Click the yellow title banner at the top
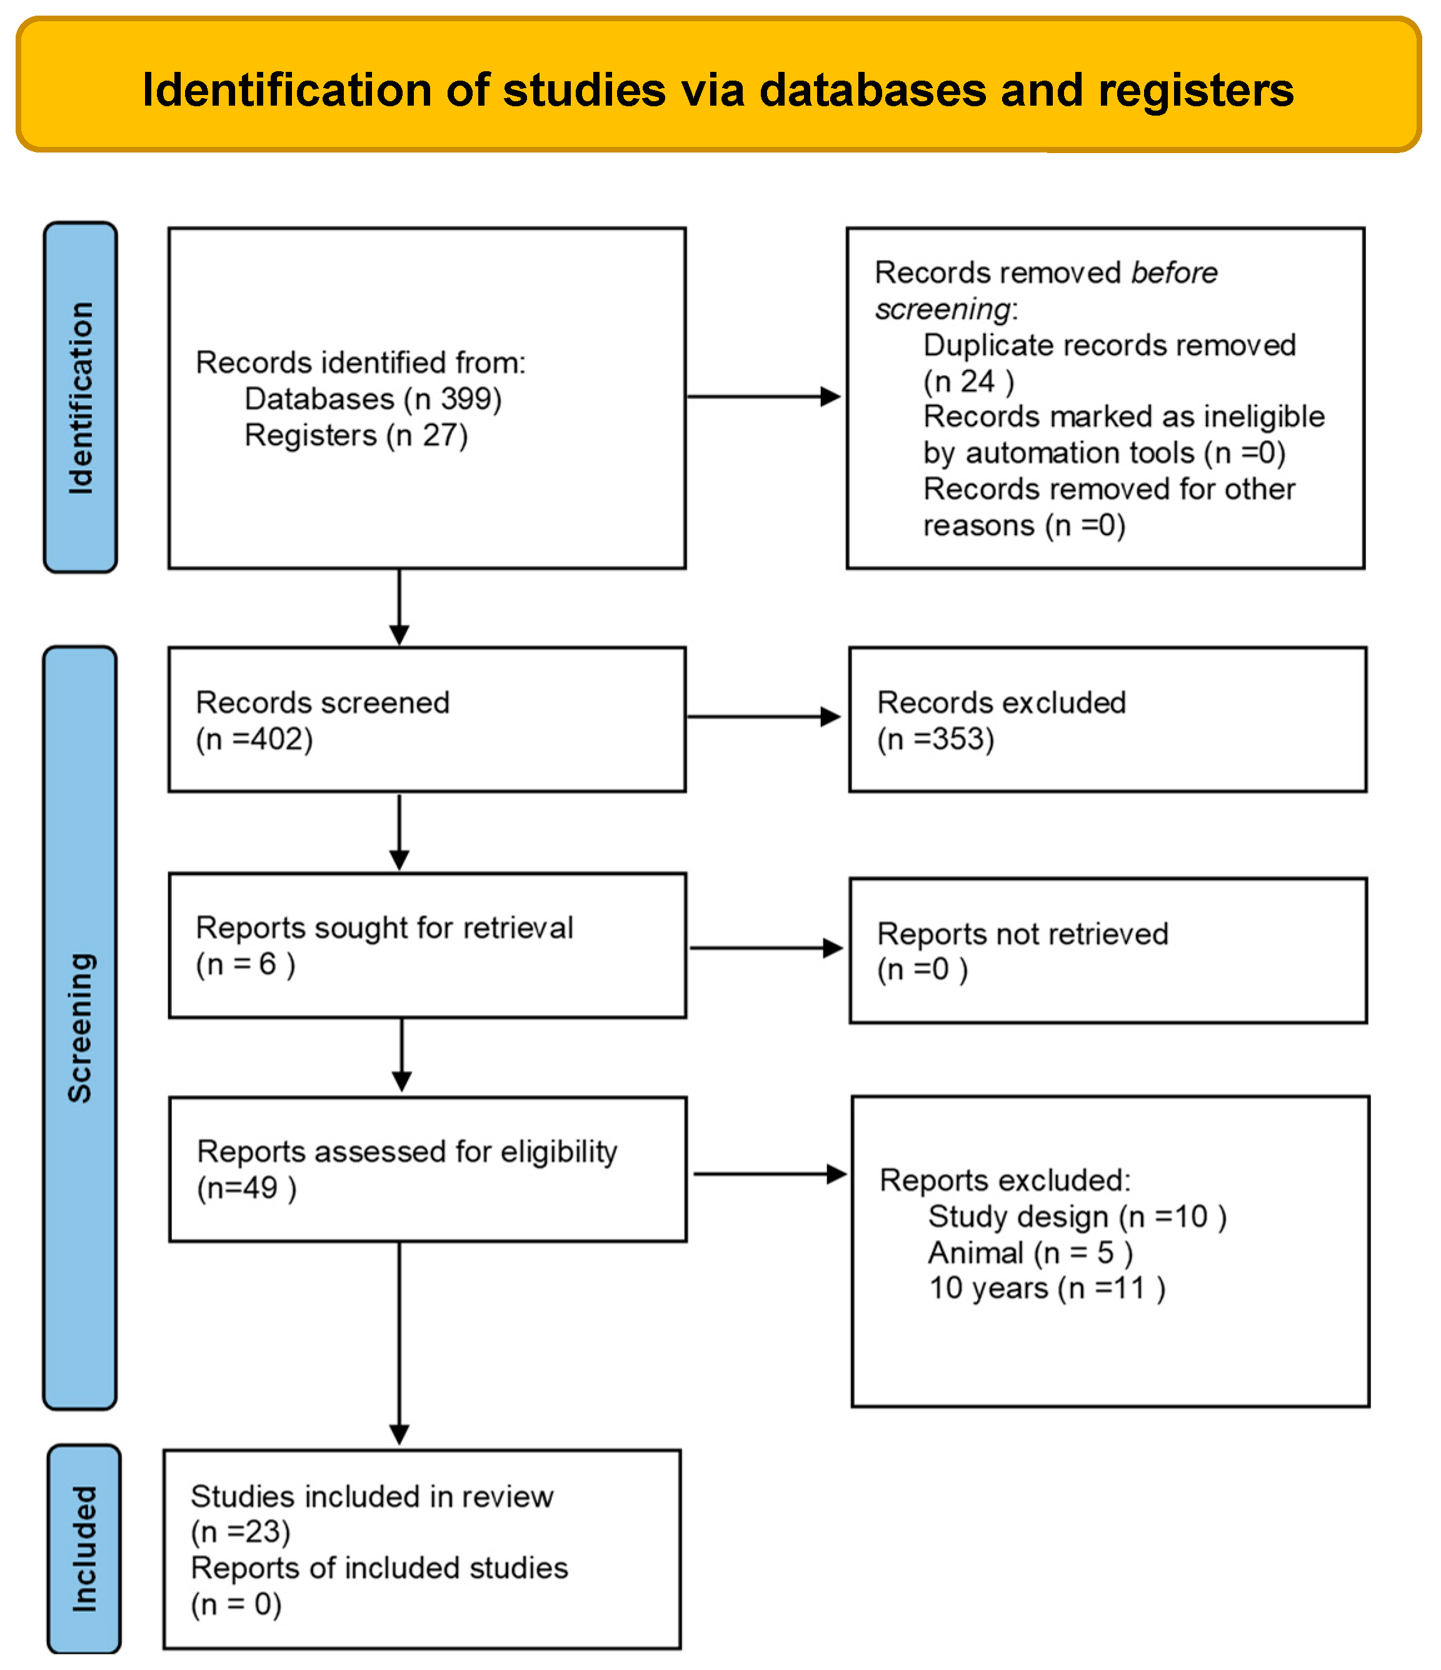tap(718, 84)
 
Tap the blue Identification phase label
tap(81, 397)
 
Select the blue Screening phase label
tap(80, 1027)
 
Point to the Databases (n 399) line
tap(373, 399)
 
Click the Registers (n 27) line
tap(356, 435)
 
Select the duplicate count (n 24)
tap(968, 381)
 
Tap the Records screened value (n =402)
tap(254, 739)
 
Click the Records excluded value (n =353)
tap(935, 739)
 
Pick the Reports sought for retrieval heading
tap(384, 927)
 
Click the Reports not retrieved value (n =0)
tap(921, 969)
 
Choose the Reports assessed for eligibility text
tap(406, 1152)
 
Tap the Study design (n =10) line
tap(1077, 1216)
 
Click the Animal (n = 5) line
tap(1030, 1252)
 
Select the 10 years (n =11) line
tap(1046, 1288)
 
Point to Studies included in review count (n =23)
tap(240, 1531)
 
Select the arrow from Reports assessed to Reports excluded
tap(768, 1174)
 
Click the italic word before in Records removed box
tap(1173, 272)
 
